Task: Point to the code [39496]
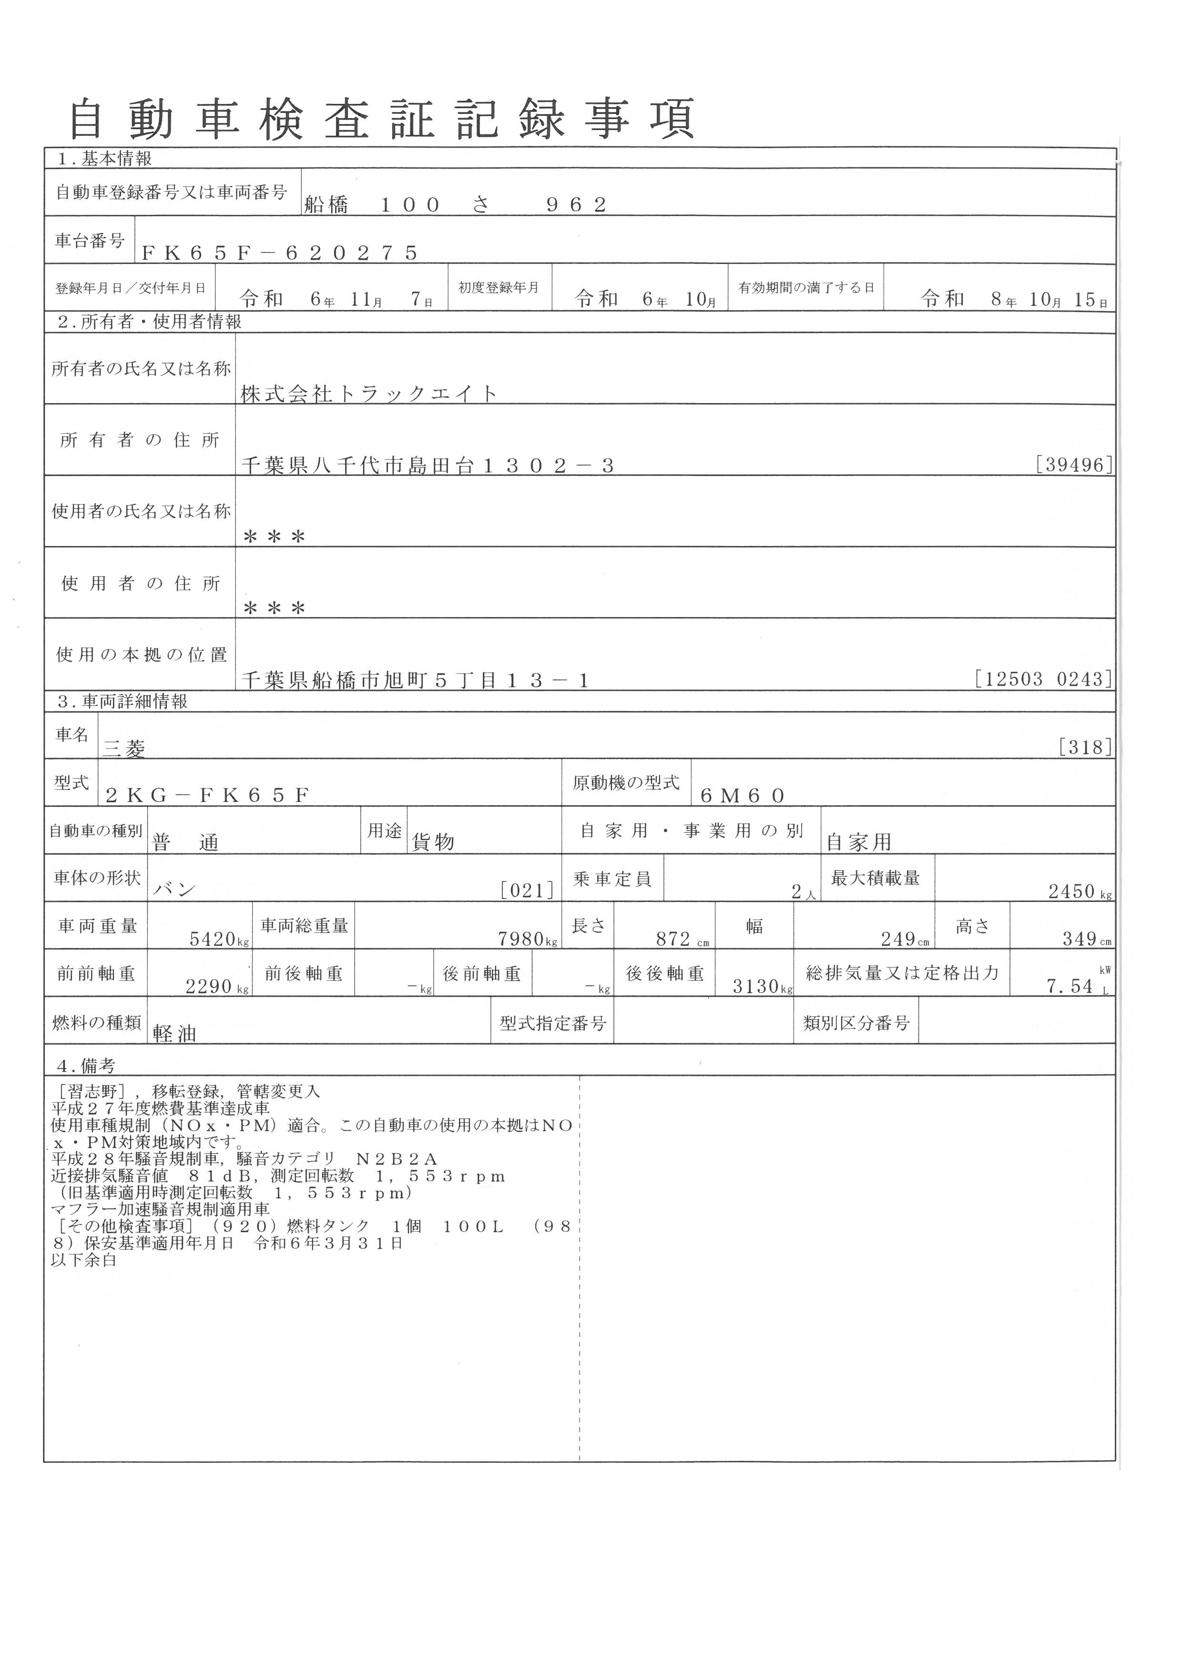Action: [1073, 465]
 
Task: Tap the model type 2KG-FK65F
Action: [207, 795]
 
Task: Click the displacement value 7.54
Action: [1070, 986]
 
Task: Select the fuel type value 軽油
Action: [175, 1033]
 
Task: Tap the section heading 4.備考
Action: [87, 1066]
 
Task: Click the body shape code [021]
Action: [527, 890]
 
